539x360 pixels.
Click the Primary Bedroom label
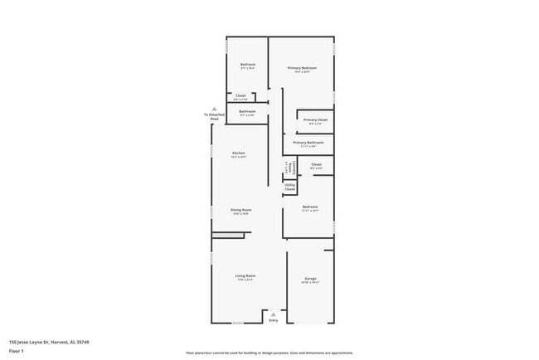coord(303,67)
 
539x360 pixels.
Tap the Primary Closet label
coord(315,120)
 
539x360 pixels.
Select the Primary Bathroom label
coord(308,143)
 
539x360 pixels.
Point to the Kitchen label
coord(239,153)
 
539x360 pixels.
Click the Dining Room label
coord(240,210)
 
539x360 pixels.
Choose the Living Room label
coord(245,275)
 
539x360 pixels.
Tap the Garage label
coord(310,278)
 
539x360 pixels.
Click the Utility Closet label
coord(289,188)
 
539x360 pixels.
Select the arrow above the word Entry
coord(274,314)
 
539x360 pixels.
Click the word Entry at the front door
coord(274,320)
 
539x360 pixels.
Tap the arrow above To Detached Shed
coord(214,109)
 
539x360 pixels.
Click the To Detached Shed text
coord(214,117)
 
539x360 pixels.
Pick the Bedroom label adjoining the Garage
coord(310,207)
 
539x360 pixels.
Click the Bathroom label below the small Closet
coord(247,111)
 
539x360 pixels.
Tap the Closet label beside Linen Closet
coord(316,164)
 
